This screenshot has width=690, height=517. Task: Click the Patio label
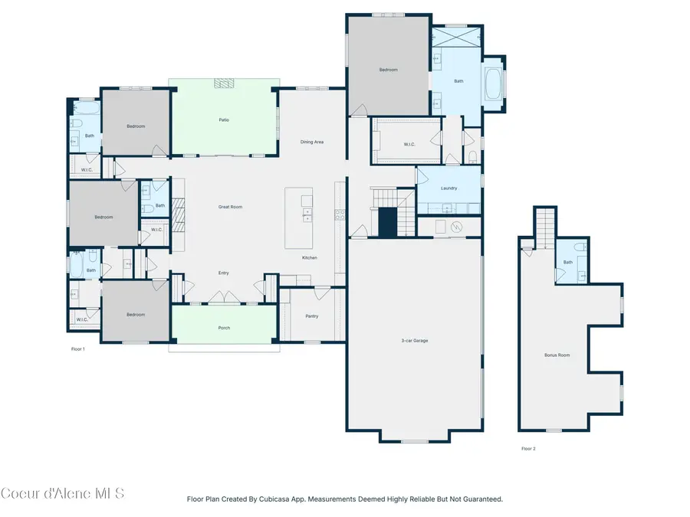[x=224, y=119]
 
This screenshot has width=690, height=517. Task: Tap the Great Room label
[x=230, y=207]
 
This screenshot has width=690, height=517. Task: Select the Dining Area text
[x=311, y=142]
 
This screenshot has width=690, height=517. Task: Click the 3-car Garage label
[x=414, y=340]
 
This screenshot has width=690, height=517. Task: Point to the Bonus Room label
[x=557, y=355]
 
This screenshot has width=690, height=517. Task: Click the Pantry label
[x=311, y=316]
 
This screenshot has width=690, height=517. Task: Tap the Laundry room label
[x=449, y=188]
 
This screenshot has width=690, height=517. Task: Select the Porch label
[x=223, y=328]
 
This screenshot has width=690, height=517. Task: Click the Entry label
[x=223, y=273]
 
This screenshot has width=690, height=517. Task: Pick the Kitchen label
[x=309, y=257]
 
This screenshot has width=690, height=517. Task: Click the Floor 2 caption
[x=528, y=448]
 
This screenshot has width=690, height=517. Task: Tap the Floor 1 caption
[x=77, y=348]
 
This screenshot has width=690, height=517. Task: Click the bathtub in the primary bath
[x=494, y=84]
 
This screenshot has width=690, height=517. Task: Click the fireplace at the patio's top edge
[x=223, y=83]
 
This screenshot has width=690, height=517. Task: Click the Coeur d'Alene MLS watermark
[x=62, y=492]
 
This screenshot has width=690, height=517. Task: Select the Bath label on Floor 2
[x=567, y=262]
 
